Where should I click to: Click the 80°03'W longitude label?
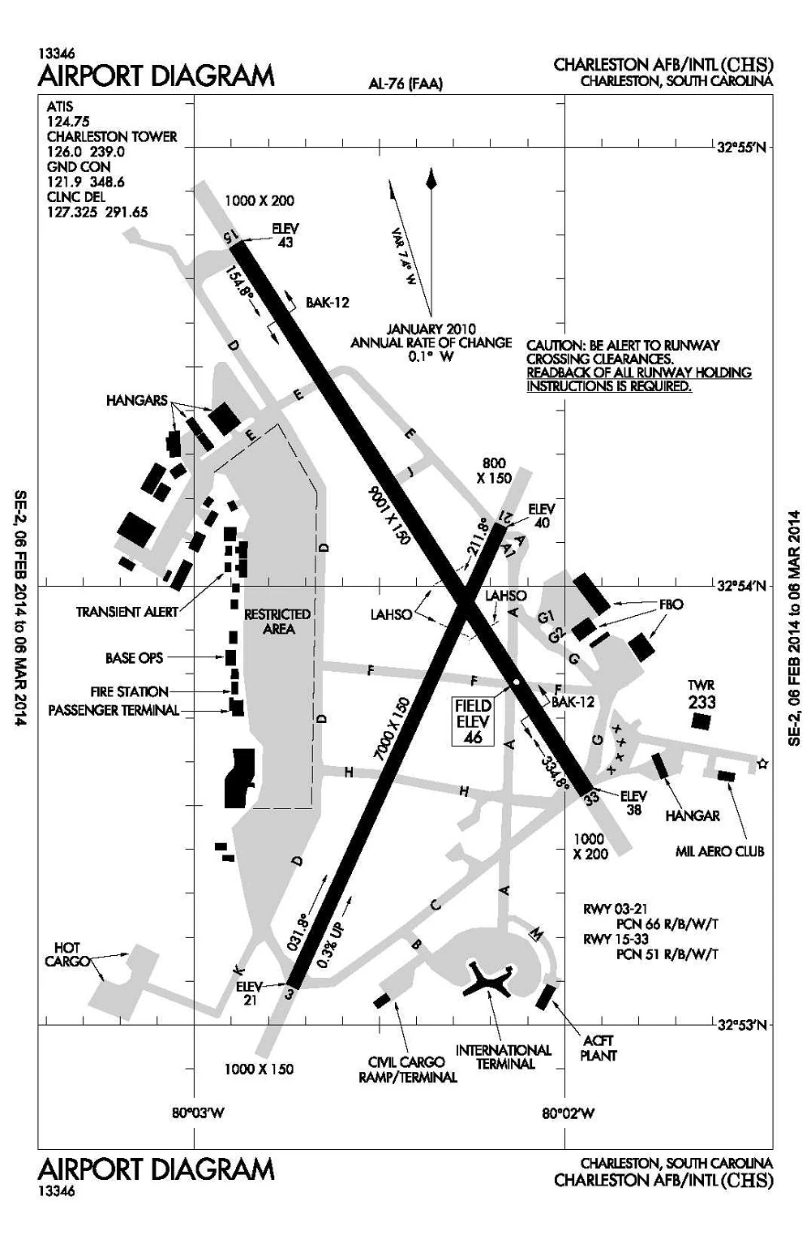tap(197, 1113)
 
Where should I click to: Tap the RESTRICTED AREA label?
tap(277, 622)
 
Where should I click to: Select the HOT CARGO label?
tap(67, 955)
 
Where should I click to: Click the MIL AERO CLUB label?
tap(719, 851)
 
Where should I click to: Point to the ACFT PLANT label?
tap(599, 1048)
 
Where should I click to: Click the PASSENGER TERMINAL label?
tap(114, 711)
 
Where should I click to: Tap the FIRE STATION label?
tap(130, 692)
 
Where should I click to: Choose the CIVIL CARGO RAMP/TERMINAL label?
tap(407, 1070)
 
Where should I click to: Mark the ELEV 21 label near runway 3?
tap(249, 992)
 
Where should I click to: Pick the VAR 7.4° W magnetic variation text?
tap(403, 255)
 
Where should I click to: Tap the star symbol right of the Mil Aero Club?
tap(762, 764)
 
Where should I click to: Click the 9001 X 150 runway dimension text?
tap(389, 515)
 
